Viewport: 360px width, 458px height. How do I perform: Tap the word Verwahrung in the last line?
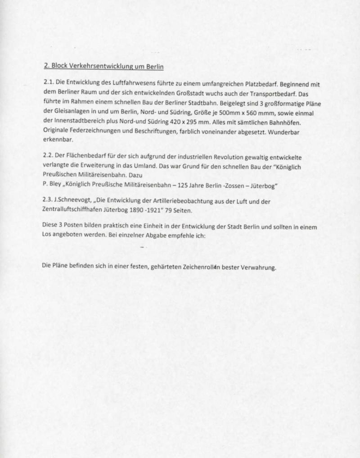(x=257, y=268)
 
